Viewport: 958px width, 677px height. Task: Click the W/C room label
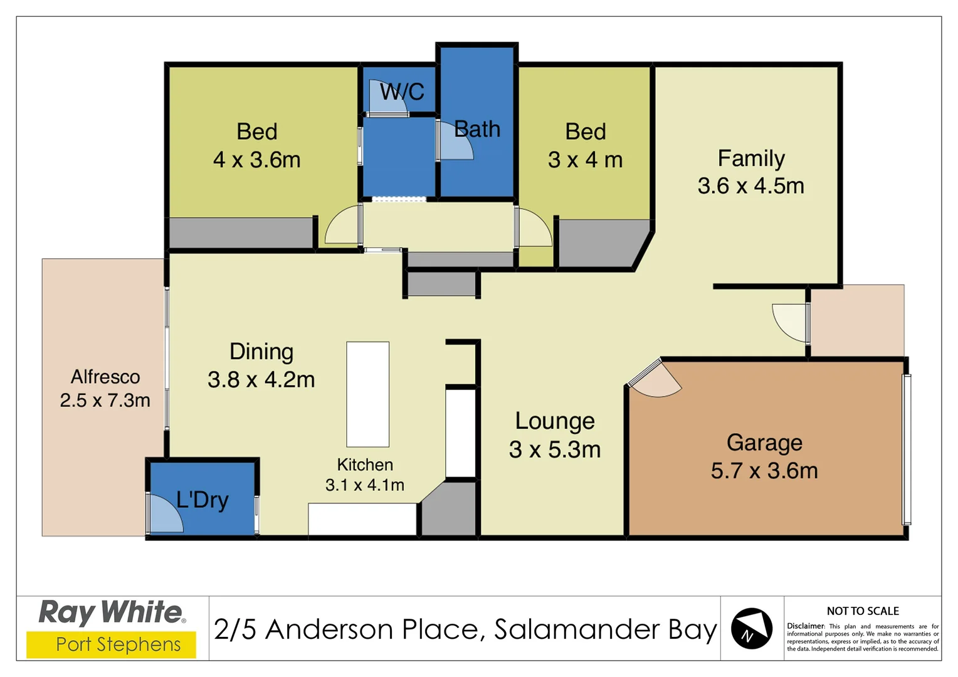click(402, 92)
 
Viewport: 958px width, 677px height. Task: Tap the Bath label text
click(477, 129)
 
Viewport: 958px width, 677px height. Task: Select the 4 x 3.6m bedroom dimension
click(256, 160)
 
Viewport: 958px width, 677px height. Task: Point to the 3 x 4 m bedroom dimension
click(585, 160)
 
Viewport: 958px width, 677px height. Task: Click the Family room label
click(751, 158)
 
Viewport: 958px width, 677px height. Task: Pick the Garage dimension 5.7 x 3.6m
click(764, 471)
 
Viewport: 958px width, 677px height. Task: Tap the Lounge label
click(555, 421)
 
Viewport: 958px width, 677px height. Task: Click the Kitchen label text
click(365, 464)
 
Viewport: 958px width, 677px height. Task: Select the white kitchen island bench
click(368, 394)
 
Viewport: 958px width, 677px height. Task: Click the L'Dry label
click(203, 500)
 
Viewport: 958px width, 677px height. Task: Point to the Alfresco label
click(105, 377)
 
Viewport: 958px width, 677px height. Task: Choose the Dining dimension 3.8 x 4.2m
click(261, 380)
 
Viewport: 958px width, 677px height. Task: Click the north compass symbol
click(751, 628)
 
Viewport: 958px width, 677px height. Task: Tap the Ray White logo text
click(112, 612)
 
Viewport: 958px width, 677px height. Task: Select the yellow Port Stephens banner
click(111, 644)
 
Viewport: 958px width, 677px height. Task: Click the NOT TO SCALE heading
click(862, 611)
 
